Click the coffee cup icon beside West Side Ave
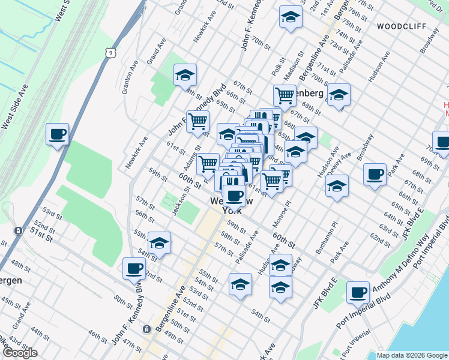[x=58, y=134]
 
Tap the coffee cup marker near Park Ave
[x=375, y=175]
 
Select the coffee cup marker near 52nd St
[x=134, y=269]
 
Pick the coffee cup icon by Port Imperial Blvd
[x=358, y=293]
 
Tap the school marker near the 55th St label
[x=159, y=243]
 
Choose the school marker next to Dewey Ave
[x=337, y=186]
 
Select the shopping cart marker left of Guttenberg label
[x=285, y=95]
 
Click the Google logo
[x=20, y=353]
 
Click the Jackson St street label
[x=176, y=202]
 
